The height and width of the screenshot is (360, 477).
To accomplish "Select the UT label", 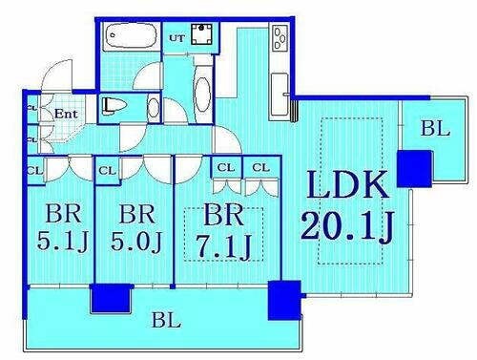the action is (176, 36).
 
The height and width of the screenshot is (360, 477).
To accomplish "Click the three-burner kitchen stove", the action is (281, 39).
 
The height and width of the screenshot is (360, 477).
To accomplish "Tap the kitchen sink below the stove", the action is (280, 90).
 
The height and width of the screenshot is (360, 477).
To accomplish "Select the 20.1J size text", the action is (346, 227).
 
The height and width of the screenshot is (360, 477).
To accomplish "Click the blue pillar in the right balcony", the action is (414, 167).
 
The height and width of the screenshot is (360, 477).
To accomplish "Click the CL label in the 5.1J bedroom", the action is (34, 170).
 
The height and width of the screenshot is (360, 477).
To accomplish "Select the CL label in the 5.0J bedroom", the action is (106, 170).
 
